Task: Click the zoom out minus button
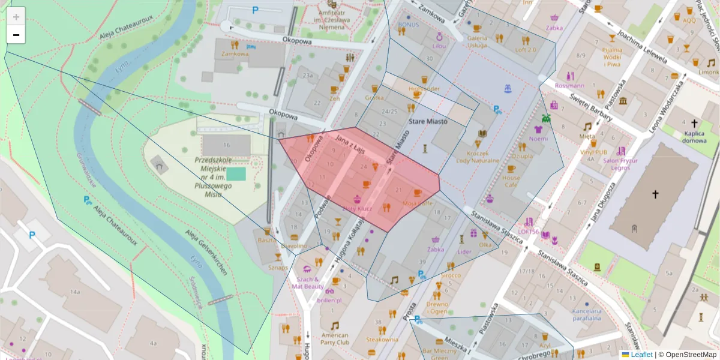click(16, 35)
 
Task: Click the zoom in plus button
click(16, 16)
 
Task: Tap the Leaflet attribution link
click(641, 355)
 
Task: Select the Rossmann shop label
click(569, 85)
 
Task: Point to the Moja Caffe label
click(418, 203)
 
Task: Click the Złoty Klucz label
click(357, 209)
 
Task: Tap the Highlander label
click(424, 89)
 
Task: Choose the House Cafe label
click(511, 182)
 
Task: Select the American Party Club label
click(335, 339)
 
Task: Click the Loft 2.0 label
click(526, 49)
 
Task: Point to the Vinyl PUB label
click(593, 152)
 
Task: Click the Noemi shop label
click(538, 138)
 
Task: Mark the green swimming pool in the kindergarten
click(236, 174)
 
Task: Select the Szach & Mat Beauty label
click(308, 283)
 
